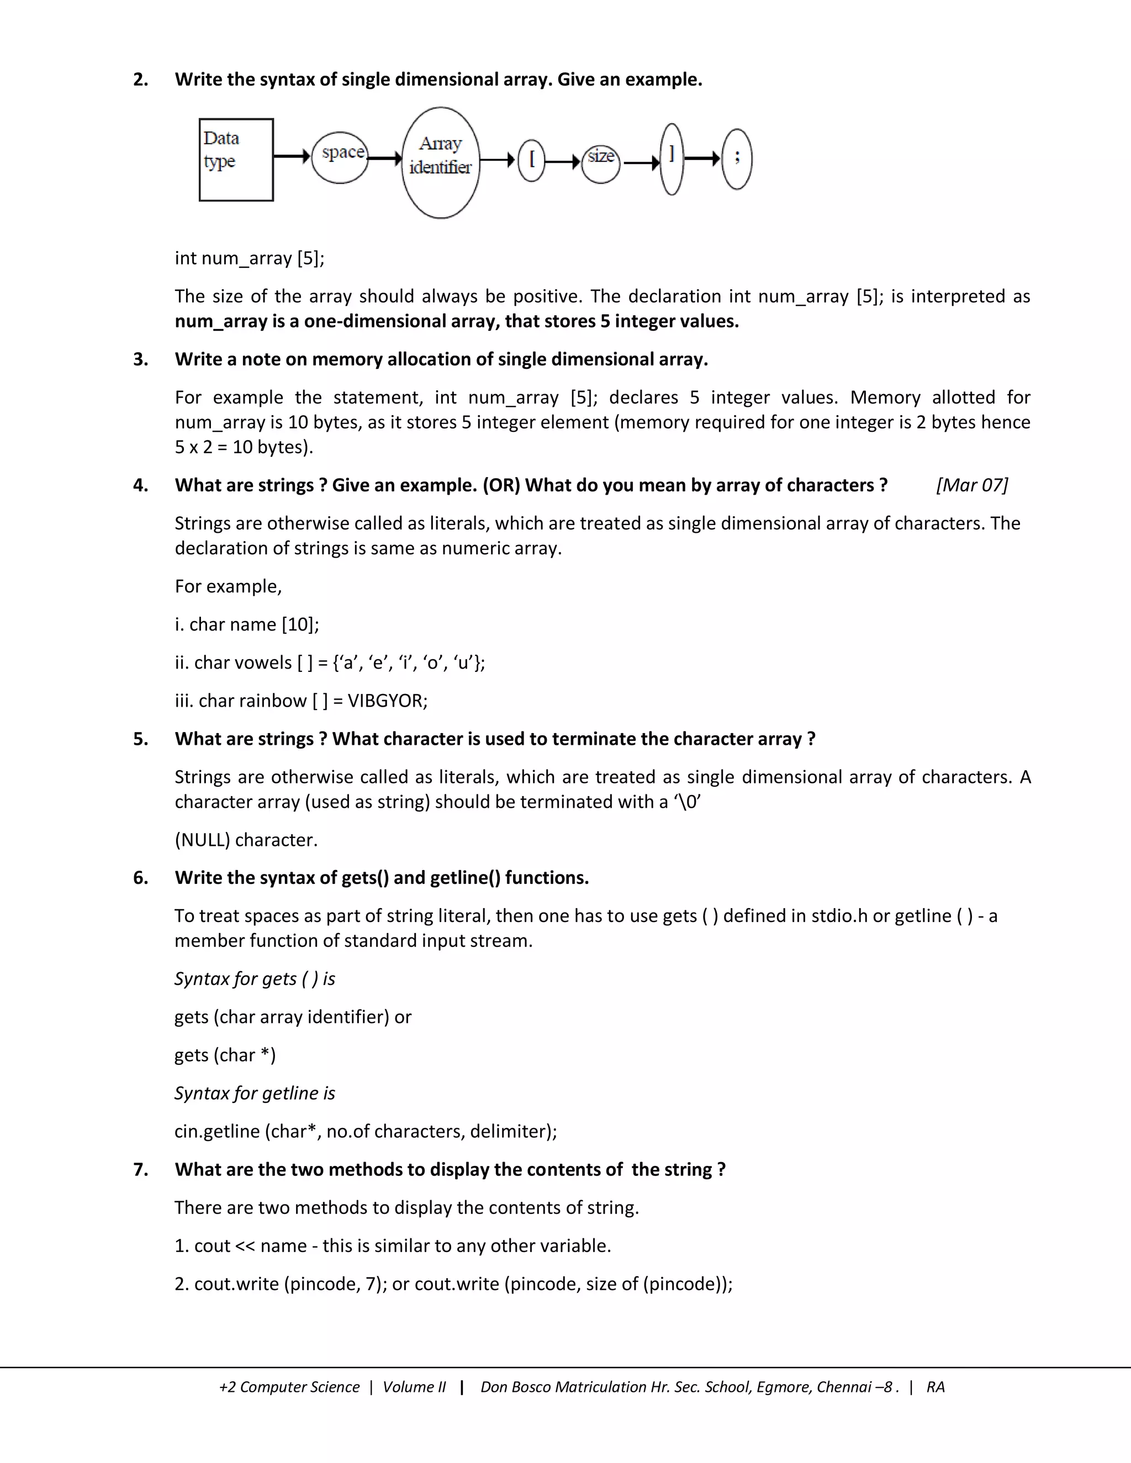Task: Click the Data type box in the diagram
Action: [x=236, y=160]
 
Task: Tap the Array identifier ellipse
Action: [x=440, y=162]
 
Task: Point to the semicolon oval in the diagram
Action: [x=736, y=160]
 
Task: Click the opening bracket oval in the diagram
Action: [x=532, y=160]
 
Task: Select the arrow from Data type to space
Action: [x=292, y=157]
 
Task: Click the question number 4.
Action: [x=141, y=485]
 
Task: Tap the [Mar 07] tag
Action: [x=971, y=485]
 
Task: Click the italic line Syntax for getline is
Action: [x=255, y=1093]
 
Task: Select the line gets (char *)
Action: [x=225, y=1054]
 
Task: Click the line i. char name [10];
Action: [x=246, y=624]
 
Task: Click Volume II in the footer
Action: [x=414, y=1387]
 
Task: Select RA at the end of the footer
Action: [x=936, y=1387]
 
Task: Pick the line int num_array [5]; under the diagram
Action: [x=249, y=258]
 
